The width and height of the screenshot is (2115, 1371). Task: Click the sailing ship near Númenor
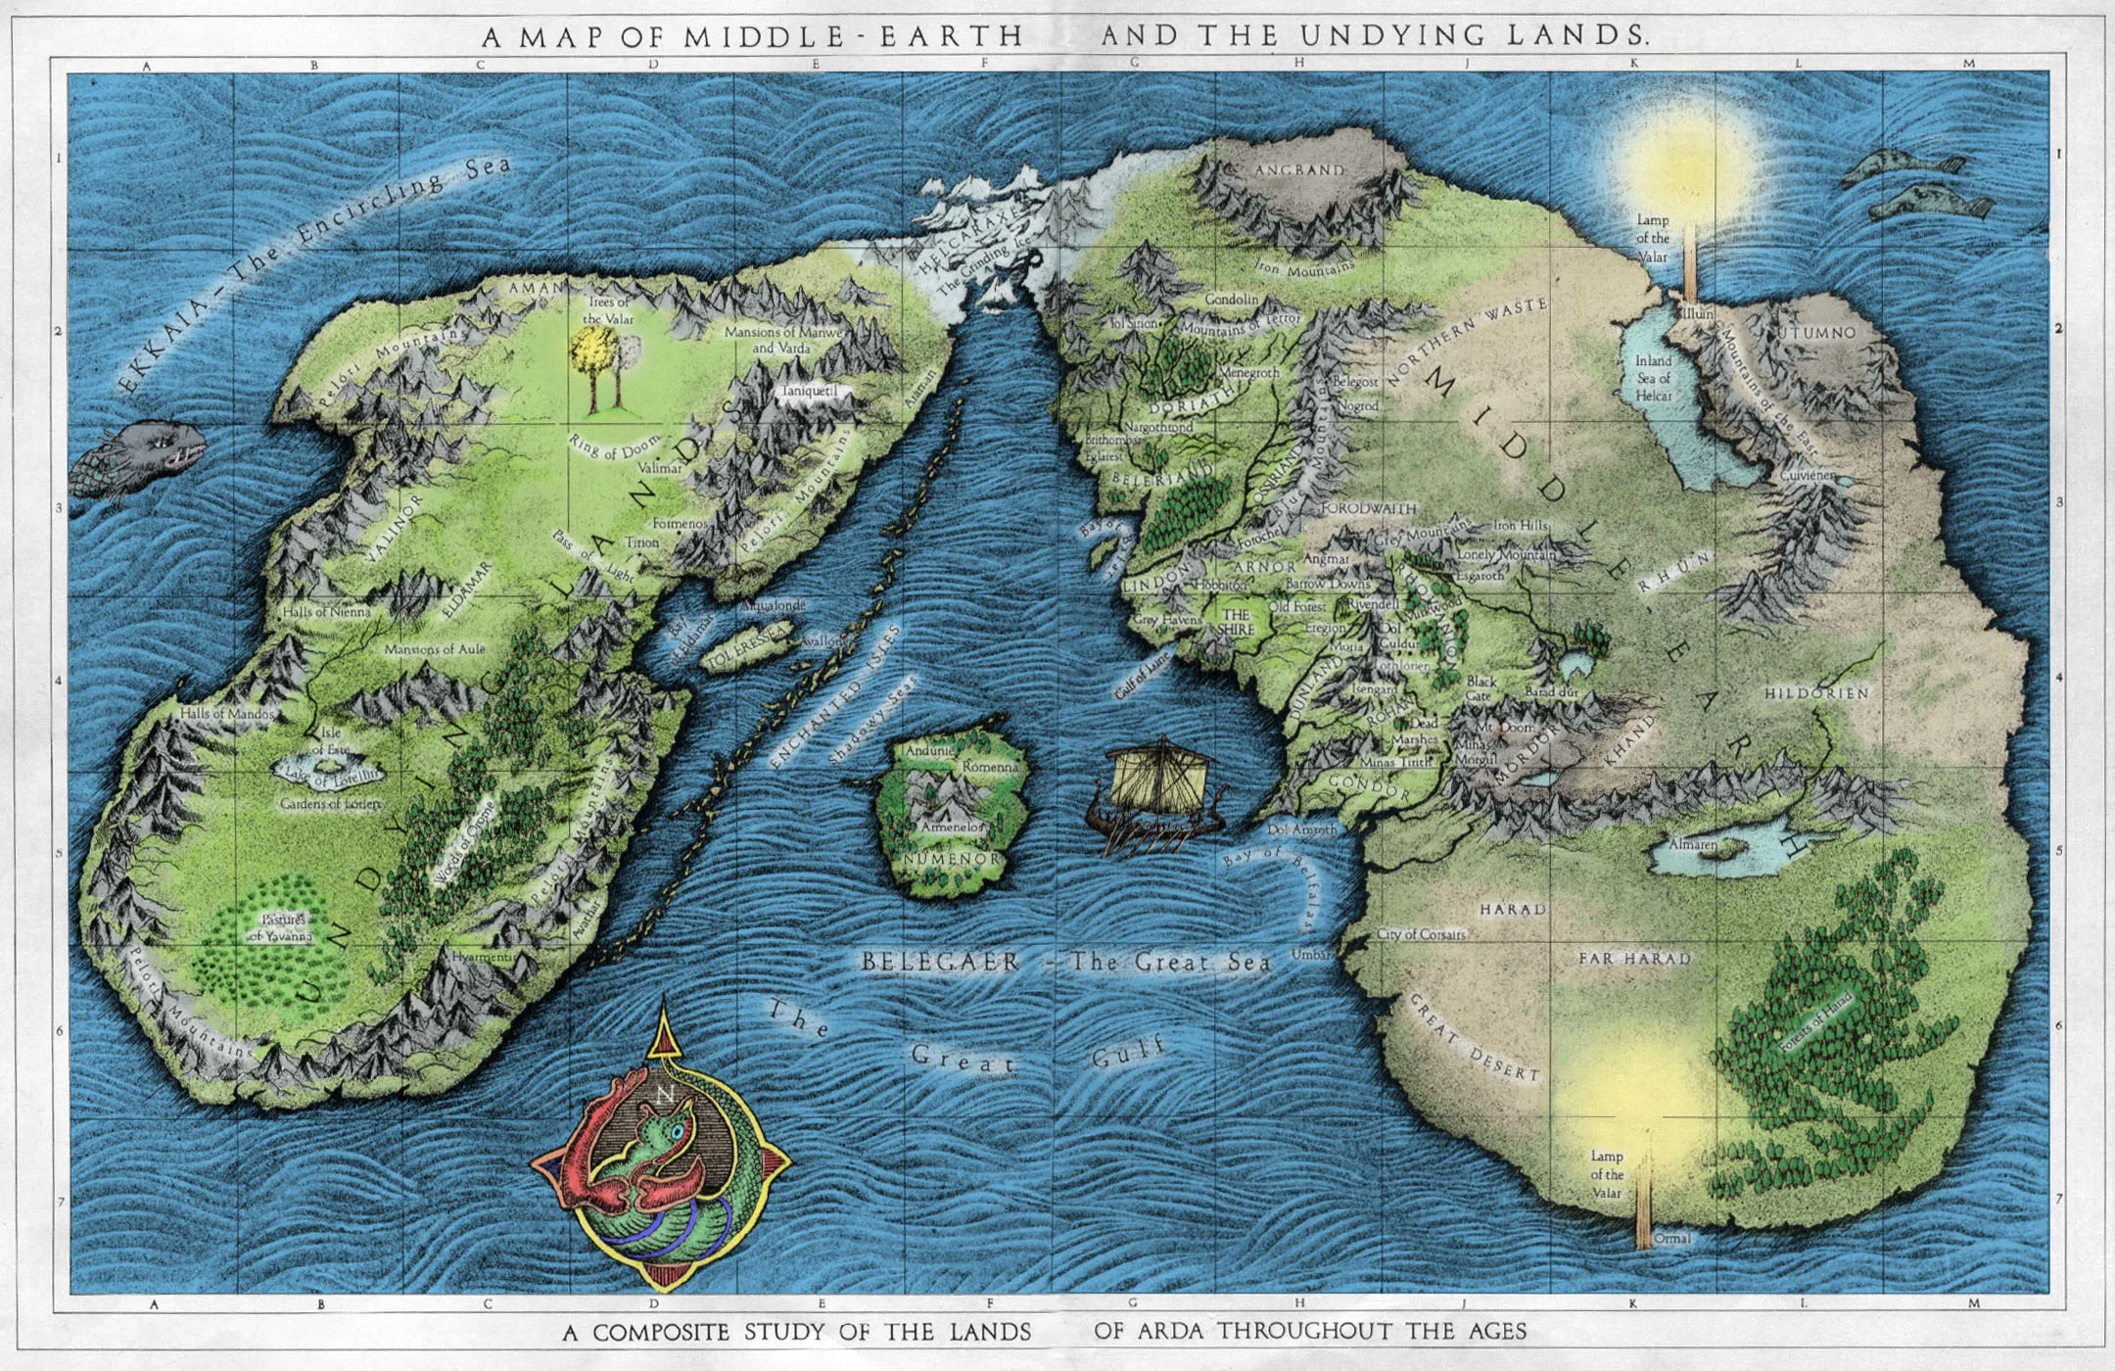1155,793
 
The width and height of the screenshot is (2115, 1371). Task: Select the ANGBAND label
1299,170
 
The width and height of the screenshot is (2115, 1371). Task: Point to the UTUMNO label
1817,333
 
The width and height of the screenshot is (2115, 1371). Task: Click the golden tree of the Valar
593,357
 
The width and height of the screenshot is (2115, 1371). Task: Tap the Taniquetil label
809,391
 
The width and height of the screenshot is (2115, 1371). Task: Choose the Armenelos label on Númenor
951,827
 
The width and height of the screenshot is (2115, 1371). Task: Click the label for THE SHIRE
1236,622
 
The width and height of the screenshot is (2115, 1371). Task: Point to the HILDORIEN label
1816,693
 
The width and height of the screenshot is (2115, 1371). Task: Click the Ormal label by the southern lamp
1671,1239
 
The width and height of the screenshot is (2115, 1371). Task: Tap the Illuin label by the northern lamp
1697,313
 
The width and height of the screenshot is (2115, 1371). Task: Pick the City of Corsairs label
1421,934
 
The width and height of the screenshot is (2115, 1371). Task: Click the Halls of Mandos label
227,714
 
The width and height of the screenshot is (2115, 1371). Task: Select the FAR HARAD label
1634,959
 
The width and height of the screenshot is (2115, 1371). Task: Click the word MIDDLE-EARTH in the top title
853,37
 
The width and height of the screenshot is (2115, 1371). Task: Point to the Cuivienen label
1808,475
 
